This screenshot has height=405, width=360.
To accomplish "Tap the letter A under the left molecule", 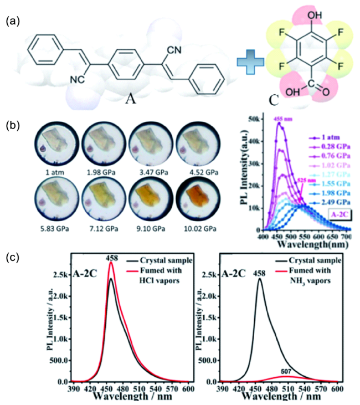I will (131, 99).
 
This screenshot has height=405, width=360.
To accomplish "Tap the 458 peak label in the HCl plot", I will (112, 257).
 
